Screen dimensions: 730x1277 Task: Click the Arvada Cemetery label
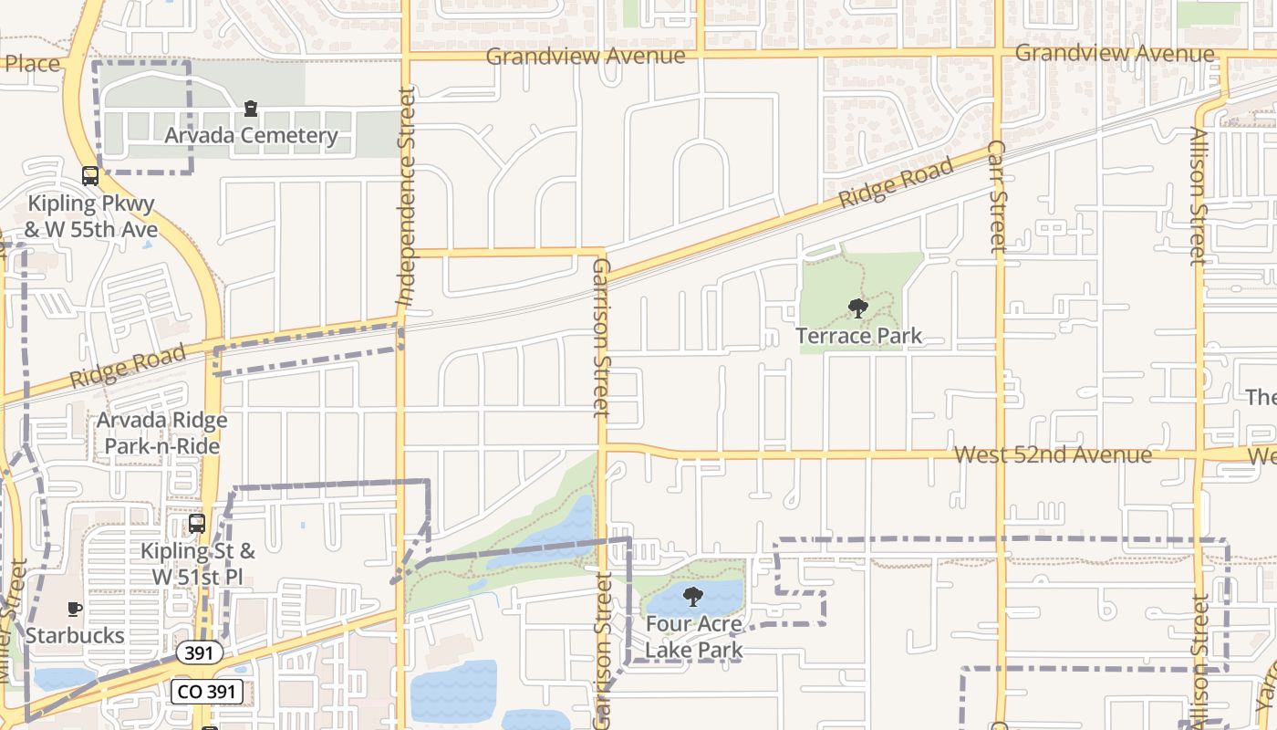coord(251,136)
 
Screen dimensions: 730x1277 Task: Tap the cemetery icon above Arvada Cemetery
coord(251,109)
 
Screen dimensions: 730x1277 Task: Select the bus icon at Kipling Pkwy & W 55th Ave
coord(90,176)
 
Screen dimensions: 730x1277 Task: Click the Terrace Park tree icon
coord(857,308)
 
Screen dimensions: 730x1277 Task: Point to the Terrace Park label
coord(858,336)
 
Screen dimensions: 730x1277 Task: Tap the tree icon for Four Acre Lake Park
coord(693,598)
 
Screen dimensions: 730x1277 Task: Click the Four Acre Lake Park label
coord(694,637)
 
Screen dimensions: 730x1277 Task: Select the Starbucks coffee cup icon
coord(75,608)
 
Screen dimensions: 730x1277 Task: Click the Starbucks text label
coord(75,635)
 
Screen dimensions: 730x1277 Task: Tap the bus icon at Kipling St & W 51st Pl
coord(197,524)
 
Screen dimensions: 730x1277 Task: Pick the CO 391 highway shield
coord(206,692)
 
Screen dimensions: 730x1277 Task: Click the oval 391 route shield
coord(199,652)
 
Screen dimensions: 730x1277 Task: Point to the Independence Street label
coord(406,196)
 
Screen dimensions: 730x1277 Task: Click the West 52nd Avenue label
coord(1053,454)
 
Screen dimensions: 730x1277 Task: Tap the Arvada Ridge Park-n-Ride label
coord(162,433)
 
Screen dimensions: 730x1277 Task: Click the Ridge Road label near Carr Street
coord(896,182)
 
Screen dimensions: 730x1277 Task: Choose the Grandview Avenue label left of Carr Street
coord(585,57)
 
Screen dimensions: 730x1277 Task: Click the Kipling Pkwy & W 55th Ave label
coord(91,216)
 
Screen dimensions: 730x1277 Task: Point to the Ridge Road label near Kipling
coord(128,366)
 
